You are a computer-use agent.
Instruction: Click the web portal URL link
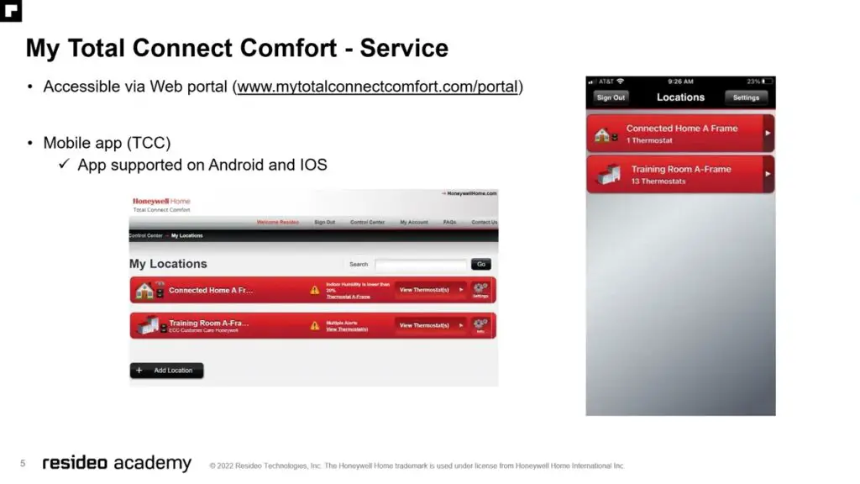pyautogui.click(x=378, y=87)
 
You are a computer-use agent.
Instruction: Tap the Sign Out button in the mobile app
pyautogui.click(x=611, y=97)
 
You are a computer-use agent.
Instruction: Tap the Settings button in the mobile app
pyautogui.click(x=746, y=97)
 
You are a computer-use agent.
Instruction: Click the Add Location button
pyautogui.click(x=166, y=371)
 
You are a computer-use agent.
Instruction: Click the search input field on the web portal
pyautogui.click(x=421, y=264)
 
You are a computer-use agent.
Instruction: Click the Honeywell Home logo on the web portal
pyautogui.click(x=161, y=202)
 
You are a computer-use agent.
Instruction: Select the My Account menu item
pyautogui.click(x=414, y=223)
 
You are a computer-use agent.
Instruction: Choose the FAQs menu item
pyautogui.click(x=449, y=223)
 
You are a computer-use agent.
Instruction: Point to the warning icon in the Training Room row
pyautogui.click(x=315, y=325)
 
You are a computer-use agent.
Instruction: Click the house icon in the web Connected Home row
pyautogui.click(x=145, y=291)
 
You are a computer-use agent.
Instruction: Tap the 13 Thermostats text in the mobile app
pyautogui.click(x=658, y=181)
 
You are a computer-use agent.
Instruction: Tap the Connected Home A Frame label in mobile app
pyautogui.click(x=682, y=129)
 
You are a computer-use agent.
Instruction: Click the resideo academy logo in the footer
pyautogui.click(x=117, y=463)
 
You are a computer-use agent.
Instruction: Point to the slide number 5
pyautogui.click(x=24, y=463)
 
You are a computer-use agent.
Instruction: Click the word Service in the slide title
pyautogui.click(x=404, y=48)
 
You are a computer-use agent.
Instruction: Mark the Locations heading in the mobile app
pyautogui.click(x=680, y=97)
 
